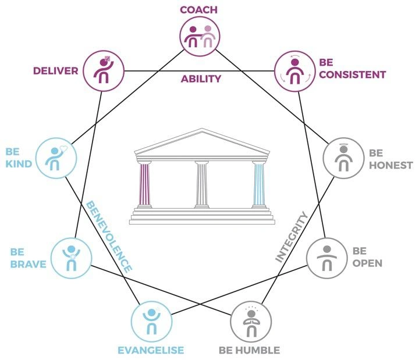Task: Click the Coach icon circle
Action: (200, 36)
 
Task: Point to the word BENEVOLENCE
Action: (109, 236)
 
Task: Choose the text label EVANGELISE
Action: (151, 350)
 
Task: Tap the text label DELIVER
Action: (55, 70)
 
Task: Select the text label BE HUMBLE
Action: (250, 350)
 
